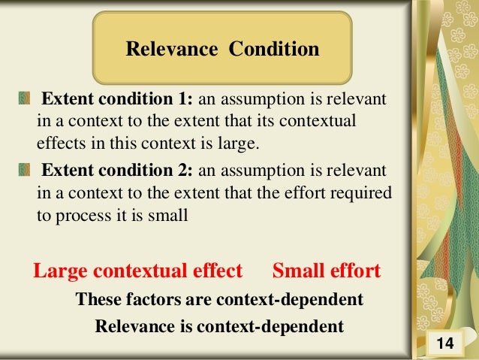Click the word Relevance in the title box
tap(170, 50)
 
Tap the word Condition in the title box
tap(274, 50)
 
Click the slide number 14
tap(444, 344)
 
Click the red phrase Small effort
tap(327, 271)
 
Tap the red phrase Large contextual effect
tap(138, 271)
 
